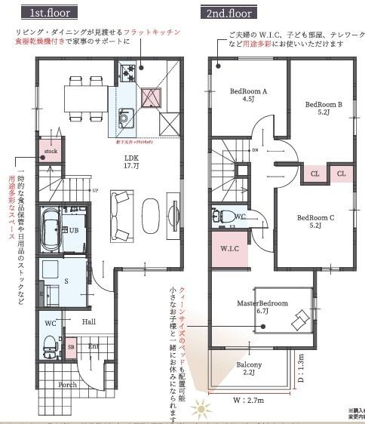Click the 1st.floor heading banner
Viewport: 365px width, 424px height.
click(51, 14)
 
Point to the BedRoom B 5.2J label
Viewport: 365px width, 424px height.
click(324, 108)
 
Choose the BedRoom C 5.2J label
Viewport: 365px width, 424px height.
click(314, 220)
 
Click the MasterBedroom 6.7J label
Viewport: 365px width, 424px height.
click(263, 306)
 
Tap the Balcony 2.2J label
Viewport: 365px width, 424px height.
click(249, 369)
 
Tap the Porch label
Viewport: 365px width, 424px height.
click(68, 385)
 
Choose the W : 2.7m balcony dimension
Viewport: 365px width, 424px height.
click(248, 399)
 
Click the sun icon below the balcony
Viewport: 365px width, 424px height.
click(201, 410)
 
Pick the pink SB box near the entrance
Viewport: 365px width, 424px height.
click(71, 349)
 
